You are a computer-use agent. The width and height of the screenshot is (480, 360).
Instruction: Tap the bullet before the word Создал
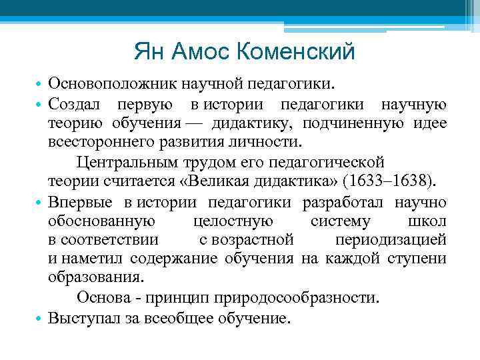pyautogui.click(x=40, y=105)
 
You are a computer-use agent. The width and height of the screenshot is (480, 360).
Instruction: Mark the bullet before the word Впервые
pyautogui.click(x=40, y=201)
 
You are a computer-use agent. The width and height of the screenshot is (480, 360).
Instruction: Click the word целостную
pyautogui.click(x=231, y=220)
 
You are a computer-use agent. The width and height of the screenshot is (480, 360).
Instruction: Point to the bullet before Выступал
pyautogui.click(x=40, y=316)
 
